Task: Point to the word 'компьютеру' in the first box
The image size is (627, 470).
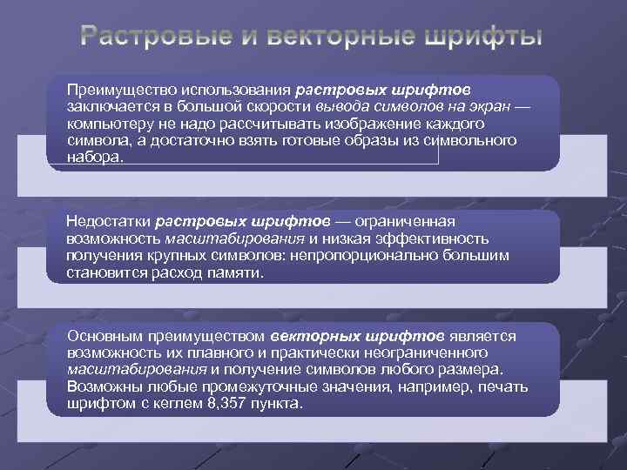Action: click(107, 124)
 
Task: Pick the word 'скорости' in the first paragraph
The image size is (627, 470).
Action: click(279, 107)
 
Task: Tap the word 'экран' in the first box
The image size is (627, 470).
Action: click(491, 107)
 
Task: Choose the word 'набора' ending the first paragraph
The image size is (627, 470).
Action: click(92, 157)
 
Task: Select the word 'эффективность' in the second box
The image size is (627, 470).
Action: click(444, 238)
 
